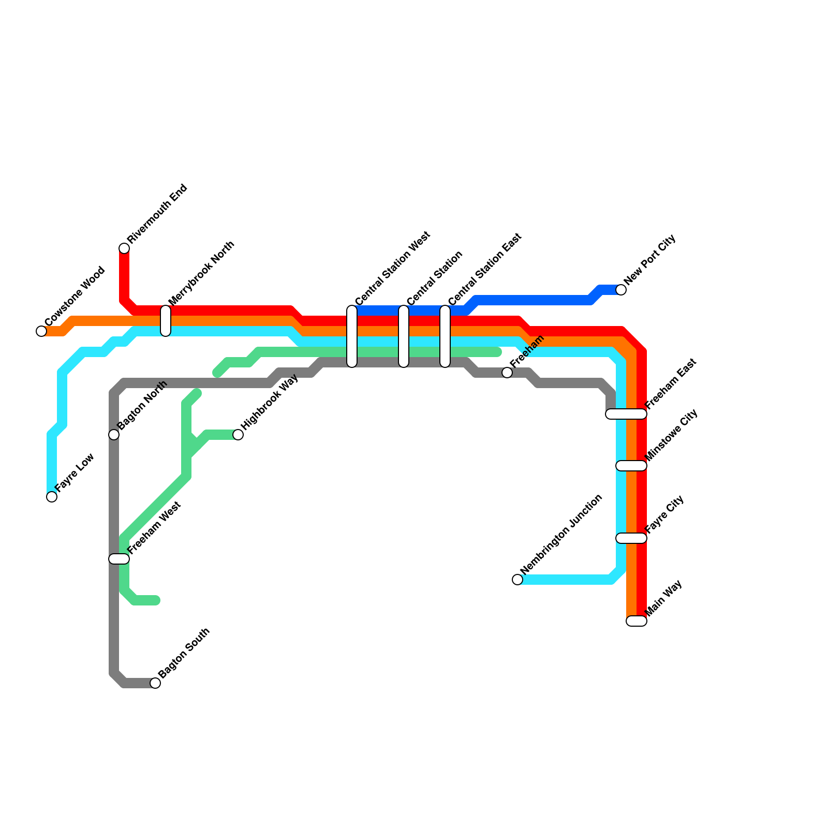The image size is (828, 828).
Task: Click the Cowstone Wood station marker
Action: (x=41, y=331)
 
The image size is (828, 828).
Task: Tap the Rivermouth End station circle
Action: (x=124, y=248)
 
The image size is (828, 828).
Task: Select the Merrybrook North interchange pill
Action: (x=166, y=321)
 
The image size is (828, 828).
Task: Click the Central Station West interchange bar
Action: (x=352, y=336)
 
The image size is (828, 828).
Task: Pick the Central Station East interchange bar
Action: (x=445, y=336)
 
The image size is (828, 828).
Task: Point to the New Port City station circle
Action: (x=621, y=290)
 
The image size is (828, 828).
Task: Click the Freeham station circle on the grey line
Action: (x=507, y=373)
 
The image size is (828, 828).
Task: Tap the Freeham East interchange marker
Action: (x=626, y=414)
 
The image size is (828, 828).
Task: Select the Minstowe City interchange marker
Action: (x=631, y=466)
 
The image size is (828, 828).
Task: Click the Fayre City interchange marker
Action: (x=631, y=538)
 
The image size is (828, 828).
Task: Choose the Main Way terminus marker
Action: (x=637, y=621)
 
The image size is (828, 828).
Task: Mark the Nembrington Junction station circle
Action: (x=517, y=580)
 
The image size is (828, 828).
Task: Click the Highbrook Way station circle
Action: (x=238, y=435)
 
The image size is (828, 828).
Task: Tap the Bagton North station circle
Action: (x=114, y=435)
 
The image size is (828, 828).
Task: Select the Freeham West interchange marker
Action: (x=119, y=559)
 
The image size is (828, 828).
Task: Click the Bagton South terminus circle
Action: (x=155, y=683)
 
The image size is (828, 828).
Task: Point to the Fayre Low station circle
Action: (x=52, y=497)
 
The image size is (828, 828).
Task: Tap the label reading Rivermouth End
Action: (x=157, y=214)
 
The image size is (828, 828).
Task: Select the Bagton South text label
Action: (x=184, y=653)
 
